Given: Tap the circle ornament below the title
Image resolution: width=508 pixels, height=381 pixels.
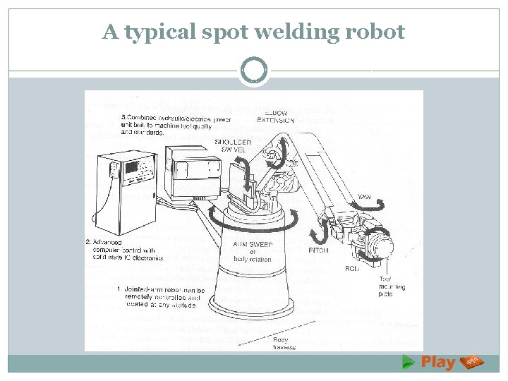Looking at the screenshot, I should [x=254, y=71].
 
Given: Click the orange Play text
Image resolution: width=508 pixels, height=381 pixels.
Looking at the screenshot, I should [x=437, y=363].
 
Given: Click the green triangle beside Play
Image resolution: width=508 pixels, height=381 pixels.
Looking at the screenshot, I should [x=408, y=362].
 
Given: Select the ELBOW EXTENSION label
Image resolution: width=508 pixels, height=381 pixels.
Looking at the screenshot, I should [x=277, y=117].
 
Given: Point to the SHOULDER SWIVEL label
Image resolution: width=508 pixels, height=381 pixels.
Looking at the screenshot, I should [x=233, y=145].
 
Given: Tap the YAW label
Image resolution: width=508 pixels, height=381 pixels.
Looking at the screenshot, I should [x=365, y=196].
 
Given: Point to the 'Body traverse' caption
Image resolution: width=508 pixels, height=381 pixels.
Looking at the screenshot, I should [x=285, y=343].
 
